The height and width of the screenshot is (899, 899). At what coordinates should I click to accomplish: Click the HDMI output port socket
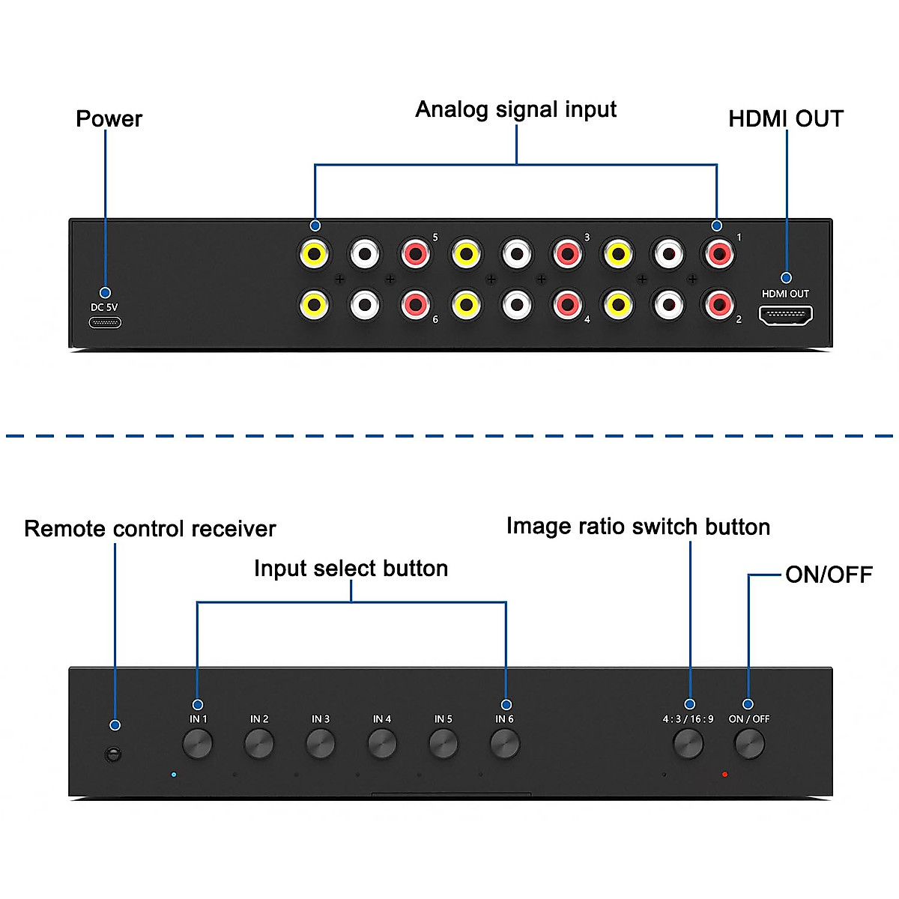coord(785,315)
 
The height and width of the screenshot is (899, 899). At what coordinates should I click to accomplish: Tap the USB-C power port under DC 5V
coord(105,323)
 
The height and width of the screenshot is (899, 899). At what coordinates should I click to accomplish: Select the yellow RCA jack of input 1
coord(617,255)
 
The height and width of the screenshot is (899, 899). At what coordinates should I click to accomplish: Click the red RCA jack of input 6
coord(415,305)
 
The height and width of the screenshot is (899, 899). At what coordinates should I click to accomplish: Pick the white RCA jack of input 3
coord(516,255)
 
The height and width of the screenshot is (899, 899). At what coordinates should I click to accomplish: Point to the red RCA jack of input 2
coord(718,304)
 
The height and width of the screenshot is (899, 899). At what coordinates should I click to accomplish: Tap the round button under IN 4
coord(382,744)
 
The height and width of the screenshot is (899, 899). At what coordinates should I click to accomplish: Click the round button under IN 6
coord(505,744)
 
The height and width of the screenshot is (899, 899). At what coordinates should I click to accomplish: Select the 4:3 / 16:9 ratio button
coord(688,744)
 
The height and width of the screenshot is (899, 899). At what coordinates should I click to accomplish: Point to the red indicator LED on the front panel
coord(724,775)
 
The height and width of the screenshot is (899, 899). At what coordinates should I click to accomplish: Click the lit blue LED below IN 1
coord(174,775)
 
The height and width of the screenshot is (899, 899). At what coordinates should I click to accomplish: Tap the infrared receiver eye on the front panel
coord(113,754)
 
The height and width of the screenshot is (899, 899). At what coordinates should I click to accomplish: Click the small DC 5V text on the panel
coord(104,307)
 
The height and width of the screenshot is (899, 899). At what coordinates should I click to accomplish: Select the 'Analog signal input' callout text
coord(515,109)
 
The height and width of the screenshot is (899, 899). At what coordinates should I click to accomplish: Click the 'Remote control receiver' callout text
coord(150,529)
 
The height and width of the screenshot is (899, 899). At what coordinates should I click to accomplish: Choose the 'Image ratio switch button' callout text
coord(638,527)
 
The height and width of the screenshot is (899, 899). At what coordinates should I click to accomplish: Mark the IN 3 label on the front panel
coord(321,719)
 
